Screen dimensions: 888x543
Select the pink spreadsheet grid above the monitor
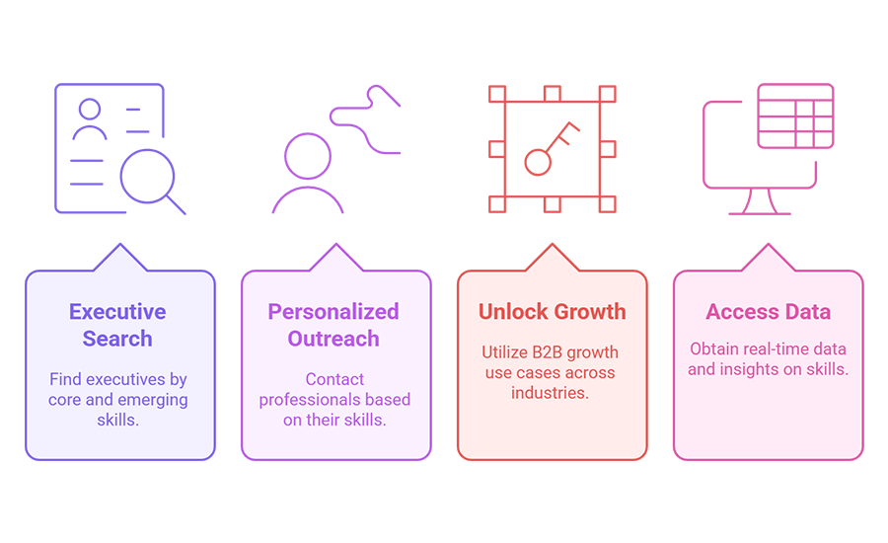pyautogui.click(x=795, y=116)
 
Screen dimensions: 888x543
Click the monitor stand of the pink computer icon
pyautogui.click(x=760, y=202)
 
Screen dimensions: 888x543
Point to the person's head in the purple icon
pyautogui.click(x=308, y=156)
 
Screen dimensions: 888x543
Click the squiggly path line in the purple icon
pyautogui.click(x=366, y=119)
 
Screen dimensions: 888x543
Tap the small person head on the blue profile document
pyautogui.click(x=90, y=109)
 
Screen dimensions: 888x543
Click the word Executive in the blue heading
pyautogui.click(x=117, y=312)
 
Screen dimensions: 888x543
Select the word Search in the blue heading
pyautogui.click(x=117, y=339)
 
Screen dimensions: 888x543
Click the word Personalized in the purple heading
pyautogui.click(x=333, y=312)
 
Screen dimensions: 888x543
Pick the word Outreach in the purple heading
pyautogui.click(x=333, y=339)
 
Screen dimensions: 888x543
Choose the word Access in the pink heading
pyautogui.click(x=738, y=312)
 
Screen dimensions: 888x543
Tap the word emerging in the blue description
pyautogui.click(x=153, y=401)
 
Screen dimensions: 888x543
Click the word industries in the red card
pyautogui.click(x=550, y=393)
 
